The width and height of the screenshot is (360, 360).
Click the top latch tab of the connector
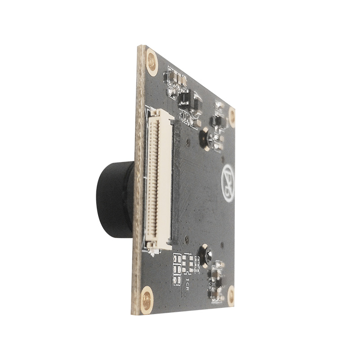point(155,112)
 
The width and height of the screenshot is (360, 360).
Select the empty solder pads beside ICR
point(177,265)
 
